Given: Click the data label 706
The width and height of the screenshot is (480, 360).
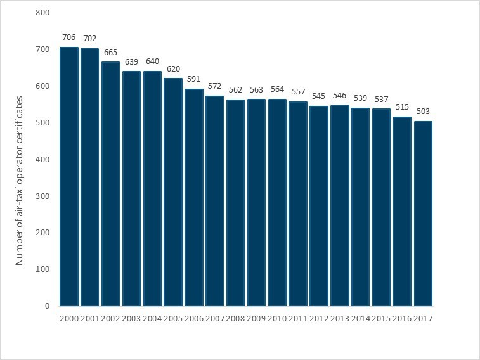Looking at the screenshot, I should click(68, 38).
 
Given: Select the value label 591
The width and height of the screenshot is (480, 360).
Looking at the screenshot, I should click(193, 79).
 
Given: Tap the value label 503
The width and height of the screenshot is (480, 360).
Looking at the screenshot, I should click(423, 112).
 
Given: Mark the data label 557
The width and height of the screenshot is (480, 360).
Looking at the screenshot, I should click(298, 92).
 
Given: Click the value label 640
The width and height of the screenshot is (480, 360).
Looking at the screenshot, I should click(152, 61).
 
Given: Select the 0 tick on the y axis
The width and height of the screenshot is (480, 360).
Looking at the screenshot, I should click(47, 306).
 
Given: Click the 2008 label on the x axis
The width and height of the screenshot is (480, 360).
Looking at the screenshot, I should click(235, 318).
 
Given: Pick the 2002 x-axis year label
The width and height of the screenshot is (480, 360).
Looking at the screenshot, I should click(110, 318).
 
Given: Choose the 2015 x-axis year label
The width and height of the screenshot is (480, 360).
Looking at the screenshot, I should click(381, 318).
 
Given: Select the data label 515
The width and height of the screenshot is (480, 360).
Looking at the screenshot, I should click(402, 107).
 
